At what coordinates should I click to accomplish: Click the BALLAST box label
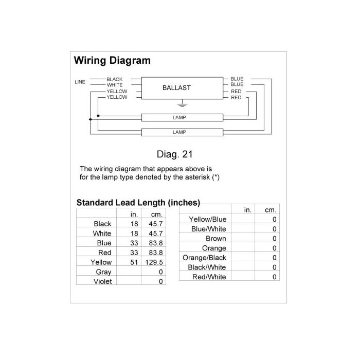(x=176, y=88)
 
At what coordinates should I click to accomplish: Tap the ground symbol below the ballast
(x=182, y=103)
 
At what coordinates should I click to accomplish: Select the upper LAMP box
(x=182, y=117)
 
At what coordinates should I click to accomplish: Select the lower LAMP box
(x=182, y=132)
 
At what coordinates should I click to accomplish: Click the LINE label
(x=80, y=82)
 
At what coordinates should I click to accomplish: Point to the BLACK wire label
(x=114, y=79)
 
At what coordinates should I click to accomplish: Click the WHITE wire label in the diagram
(x=115, y=85)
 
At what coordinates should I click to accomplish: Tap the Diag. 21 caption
(x=174, y=154)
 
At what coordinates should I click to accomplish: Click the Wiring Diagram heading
(x=112, y=60)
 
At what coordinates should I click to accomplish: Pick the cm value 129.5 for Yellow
(x=154, y=262)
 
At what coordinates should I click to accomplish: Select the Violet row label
(x=102, y=281)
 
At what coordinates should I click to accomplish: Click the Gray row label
(x=103, y=272)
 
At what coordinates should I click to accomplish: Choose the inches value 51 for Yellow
(x=134, y=262)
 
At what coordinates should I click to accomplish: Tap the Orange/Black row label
(x=204, y=258)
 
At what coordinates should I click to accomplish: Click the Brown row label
(x=216, y=239)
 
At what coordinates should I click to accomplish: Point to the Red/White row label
(x=209, y=277)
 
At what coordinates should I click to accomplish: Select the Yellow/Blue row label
(x=208, y=220)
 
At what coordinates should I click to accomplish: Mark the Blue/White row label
(x=209, y=229)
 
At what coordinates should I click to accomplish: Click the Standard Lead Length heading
(x=138, y=203)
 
